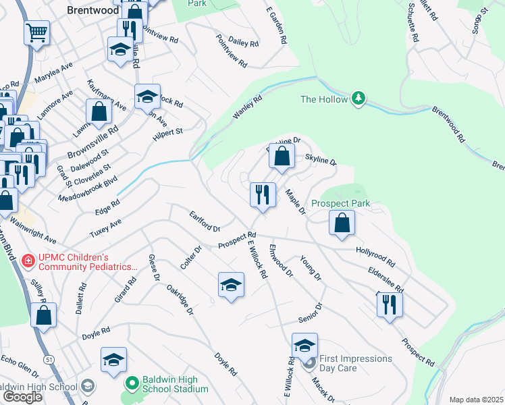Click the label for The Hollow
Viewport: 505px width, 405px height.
[x=324, y=100]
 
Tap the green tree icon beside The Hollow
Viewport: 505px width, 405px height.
[x=358, y=99]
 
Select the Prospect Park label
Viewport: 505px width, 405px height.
[x=341, y=203]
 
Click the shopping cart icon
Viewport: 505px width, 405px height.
[x=36, y=32]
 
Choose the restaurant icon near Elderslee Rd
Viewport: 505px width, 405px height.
[x=390, y=304]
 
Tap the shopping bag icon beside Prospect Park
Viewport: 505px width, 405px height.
[x=342, y=223]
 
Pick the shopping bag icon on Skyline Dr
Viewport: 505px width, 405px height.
[x=282, y=156]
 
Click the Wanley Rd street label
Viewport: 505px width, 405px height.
[x=247, y=109]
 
